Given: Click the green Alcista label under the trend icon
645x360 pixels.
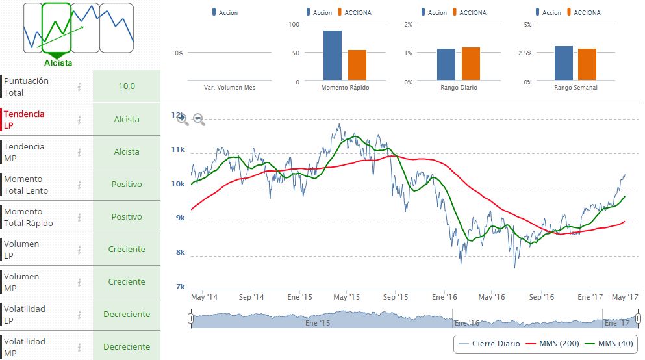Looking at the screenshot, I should click(x=58, y=63).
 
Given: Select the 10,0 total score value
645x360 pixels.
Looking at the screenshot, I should click(x=127, y=86).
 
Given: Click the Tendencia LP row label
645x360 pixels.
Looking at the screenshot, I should click(x=24, y=120).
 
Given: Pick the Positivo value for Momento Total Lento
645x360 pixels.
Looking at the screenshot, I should click(x=127, y=185).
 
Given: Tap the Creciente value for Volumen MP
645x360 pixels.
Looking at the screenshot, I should click(x=127, y=282).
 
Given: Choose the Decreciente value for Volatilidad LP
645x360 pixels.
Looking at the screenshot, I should click(x=127, y=315).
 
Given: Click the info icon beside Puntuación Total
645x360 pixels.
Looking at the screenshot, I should click(x=79, y=86).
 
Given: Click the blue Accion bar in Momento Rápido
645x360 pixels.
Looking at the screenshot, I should click(x=333, y=56).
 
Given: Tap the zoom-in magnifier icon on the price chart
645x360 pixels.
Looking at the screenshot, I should click(x=183, y=119).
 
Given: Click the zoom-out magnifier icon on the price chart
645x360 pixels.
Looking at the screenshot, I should click(x=199, y=119).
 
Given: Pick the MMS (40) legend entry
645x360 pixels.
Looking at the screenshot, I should click(x=611, y=343).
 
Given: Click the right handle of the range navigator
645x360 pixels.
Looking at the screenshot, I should click(x=639, y=318).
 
